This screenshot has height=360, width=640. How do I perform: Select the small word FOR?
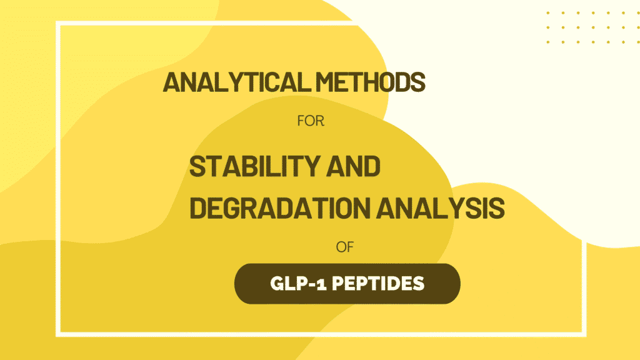(311, 121)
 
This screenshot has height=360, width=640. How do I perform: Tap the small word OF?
(346, 247)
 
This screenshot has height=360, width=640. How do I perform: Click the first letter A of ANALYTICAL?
(171, 82)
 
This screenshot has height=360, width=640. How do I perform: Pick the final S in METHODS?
(419, 82)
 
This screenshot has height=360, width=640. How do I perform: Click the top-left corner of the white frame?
(57, 22)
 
